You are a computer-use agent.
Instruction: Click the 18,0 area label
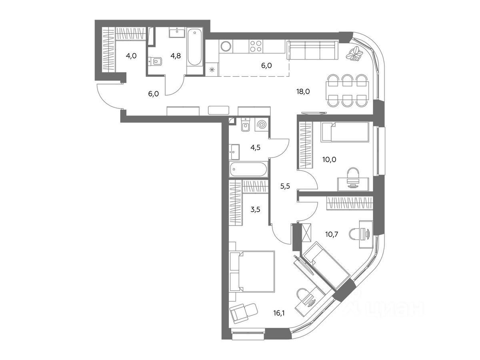click(303, 92)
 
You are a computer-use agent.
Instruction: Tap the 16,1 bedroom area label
click(279, 313)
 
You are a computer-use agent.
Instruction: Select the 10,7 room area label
click(332, 234)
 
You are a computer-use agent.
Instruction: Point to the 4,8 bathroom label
click(176, 56)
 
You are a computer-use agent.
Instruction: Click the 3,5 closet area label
click(256, 210)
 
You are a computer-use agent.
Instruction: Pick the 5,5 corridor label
click(285, 186)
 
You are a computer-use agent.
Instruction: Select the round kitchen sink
click(226, 46)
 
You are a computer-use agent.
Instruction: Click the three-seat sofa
click(313, 50)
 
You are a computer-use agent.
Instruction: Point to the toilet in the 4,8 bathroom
click(155, 62)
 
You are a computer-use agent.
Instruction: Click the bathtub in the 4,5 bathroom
click(249, 169)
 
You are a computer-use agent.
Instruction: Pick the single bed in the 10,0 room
click(345, 132)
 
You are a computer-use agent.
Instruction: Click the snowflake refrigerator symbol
click(212, 70)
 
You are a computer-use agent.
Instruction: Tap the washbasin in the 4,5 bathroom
click(234, 152)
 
